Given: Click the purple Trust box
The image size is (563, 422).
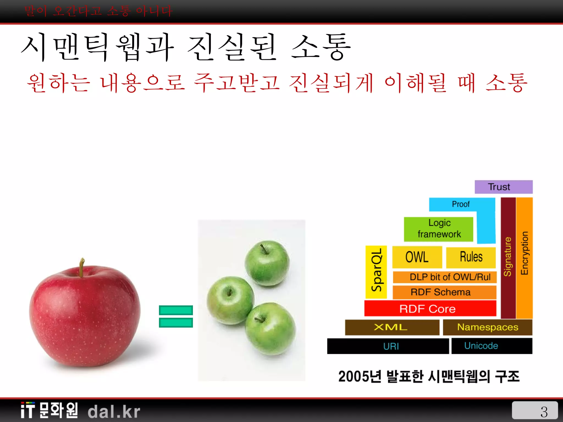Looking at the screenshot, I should [x=503, y=187].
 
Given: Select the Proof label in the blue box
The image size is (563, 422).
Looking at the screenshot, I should [x=461, y=204].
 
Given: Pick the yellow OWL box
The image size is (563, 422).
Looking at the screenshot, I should [x=417, y=257].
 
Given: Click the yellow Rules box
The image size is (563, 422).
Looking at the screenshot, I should [x=471, y=257].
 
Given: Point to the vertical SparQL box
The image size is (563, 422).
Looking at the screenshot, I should [x=376, y=272].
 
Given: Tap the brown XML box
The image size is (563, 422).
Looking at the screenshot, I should [x=392, y=327].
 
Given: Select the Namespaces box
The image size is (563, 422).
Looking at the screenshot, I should [x=487, y=327].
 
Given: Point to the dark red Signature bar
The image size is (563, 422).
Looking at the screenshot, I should [x=508, y=258].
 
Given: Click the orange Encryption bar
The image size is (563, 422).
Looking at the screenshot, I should [x=525, y=258].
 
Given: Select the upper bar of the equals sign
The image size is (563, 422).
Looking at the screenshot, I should [x=176, y=310].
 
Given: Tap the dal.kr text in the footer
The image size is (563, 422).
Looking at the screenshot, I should [x=114, y=412].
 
